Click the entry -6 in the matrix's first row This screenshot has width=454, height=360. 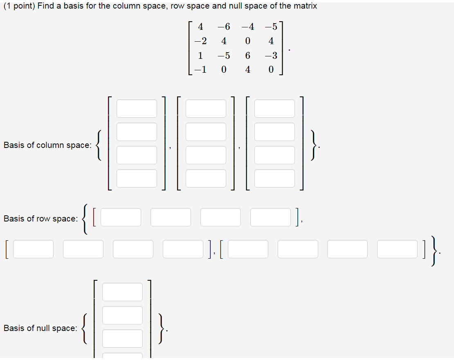(x=224, y=27)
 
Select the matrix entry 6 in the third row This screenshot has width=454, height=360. (x=247, y=55)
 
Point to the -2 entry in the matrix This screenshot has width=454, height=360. (x=200, y=41)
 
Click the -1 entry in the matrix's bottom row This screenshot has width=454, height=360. (x=200, y=69)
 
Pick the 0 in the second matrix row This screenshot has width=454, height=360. (x=247, y=41)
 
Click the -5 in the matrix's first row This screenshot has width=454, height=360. (x=271, y=27)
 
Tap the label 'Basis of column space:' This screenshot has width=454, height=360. (x=47, y=145)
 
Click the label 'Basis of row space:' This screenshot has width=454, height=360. (x=40, y=219)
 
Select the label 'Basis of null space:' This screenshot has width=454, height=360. (x=40, y=328)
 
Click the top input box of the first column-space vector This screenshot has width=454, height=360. (x=137, y=108)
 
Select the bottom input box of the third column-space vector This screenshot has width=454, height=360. (x=274, y=178)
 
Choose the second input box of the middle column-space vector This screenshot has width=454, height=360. (x=206, y=132)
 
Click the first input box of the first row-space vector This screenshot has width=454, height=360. (x=121, y=217)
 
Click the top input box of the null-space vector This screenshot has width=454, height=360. (x=122, y=292)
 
